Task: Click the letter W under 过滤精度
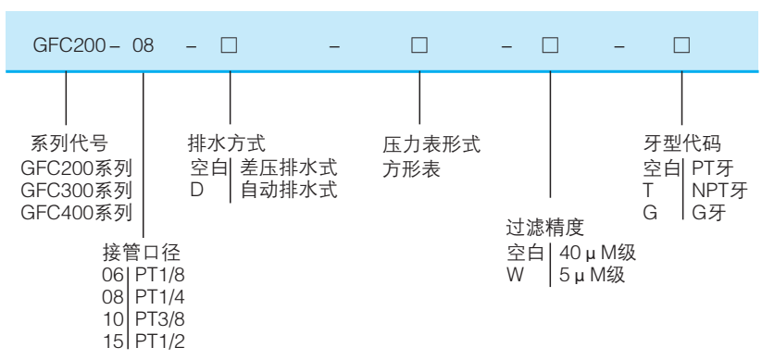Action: click(x=513, y=274)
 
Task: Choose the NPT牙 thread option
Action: click(x=713, y=191)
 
